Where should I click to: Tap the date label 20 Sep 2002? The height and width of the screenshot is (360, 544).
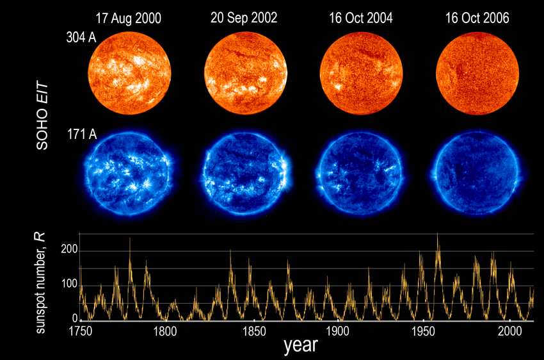244,19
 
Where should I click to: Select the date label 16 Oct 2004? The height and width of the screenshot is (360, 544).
361,19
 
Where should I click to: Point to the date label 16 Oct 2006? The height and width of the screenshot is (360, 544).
477,19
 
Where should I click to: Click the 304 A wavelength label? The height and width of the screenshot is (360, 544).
82,38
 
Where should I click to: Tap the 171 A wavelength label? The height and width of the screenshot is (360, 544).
82,135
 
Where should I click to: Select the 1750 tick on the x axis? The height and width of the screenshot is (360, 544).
80,331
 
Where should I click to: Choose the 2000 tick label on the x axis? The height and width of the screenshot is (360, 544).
510,331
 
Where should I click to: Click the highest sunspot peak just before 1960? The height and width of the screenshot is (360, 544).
438,234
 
